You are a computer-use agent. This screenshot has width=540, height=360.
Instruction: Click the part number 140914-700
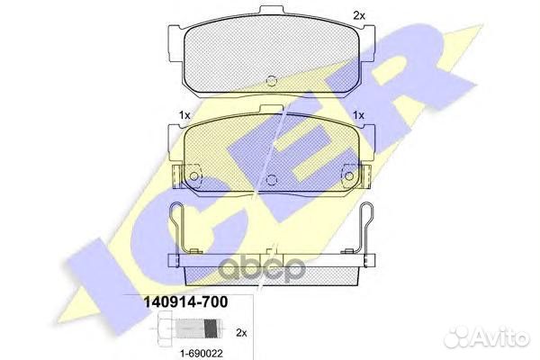pyautogui.click(x=185, y=302)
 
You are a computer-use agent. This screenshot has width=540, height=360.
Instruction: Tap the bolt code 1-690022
pyautogui.click(x=202, y=353)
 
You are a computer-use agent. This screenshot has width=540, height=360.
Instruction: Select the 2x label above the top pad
pyautogui.click(x=359, y=15)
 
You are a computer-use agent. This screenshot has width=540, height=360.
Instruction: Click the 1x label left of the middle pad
pyautogui.click(x=184, y=115)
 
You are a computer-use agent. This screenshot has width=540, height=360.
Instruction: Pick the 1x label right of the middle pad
pyautogui.click(x=358, y=115)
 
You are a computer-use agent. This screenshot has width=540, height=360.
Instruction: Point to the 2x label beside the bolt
pyautogui.click(x=242, y=333)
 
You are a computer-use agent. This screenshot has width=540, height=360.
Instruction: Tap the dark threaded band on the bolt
pyautogui.click(x=211, y=328)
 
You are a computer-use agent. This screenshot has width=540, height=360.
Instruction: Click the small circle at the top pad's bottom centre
pyautogui.click(x=272, y=80)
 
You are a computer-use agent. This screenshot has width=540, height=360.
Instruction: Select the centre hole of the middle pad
pyautogui.click(x=272, y=179)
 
